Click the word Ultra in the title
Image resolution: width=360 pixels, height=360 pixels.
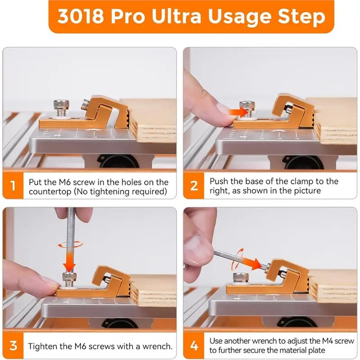[x=176, y=16]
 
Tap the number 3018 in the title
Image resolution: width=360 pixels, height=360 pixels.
[x=81, y=16]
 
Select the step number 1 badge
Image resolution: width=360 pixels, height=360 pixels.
[x=13, y=185]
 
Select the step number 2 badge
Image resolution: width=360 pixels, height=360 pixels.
[x=194, y=185]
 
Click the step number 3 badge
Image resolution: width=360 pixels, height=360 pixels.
[x=13, y=345]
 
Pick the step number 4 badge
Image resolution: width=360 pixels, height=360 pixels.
[x=194, y=345]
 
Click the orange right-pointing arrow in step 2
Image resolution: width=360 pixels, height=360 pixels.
[x=238, y=112]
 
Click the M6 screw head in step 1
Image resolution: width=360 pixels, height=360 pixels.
[x=60, y=104]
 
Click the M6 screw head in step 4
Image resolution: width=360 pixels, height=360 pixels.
[x=240, y=277]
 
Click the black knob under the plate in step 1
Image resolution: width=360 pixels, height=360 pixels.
[x=117, y=161]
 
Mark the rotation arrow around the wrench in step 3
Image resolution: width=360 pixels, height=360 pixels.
[x=70, y=244]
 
